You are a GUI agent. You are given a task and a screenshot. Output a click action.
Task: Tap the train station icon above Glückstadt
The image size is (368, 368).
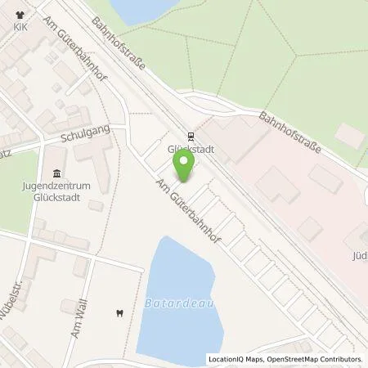190,137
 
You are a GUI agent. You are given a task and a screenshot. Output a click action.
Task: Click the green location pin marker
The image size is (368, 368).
186,164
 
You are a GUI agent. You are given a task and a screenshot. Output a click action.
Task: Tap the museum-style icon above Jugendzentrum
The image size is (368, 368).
56,173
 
